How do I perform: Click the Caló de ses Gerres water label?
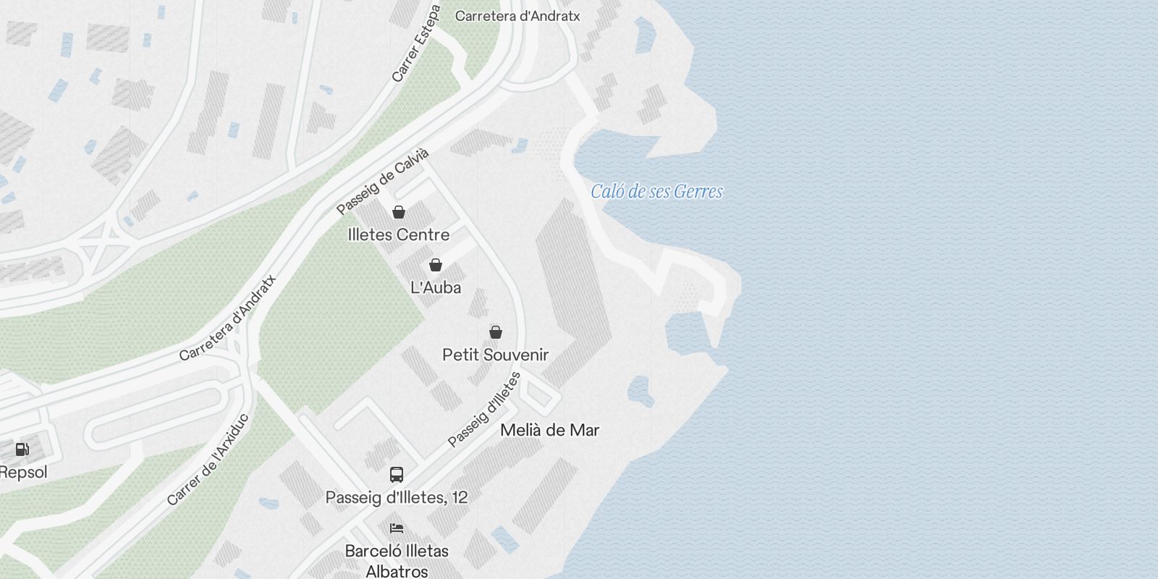(x=656, y=192)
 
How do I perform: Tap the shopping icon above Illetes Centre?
(x=398, y=212)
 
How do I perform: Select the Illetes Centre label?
(x=398, y=234)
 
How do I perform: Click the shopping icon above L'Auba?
(x=436, y=265)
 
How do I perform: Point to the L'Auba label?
(x=436, y=287)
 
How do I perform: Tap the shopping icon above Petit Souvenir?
(x=496, y=332)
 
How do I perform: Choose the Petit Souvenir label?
(x=496, y=355)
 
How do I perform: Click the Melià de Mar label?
(x=550, y=430)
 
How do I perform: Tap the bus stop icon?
(x=397, y=475)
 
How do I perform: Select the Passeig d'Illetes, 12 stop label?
(x=397, y=497)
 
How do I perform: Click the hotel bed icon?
(x=397, y=528)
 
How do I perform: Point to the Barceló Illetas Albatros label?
(x=397, y=561)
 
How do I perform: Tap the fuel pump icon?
(x=22, y=449)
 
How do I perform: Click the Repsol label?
(x=23, y=473)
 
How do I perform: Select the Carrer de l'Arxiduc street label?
(x=208, y=460)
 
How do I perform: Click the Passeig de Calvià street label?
(x=383, y=182)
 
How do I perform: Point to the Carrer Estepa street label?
(x=416, y=43)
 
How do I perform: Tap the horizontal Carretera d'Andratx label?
(x=517, y=16)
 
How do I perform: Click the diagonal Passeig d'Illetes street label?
(x=484, y=410)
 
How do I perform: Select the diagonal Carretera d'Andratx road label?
(x=228, y=318)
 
